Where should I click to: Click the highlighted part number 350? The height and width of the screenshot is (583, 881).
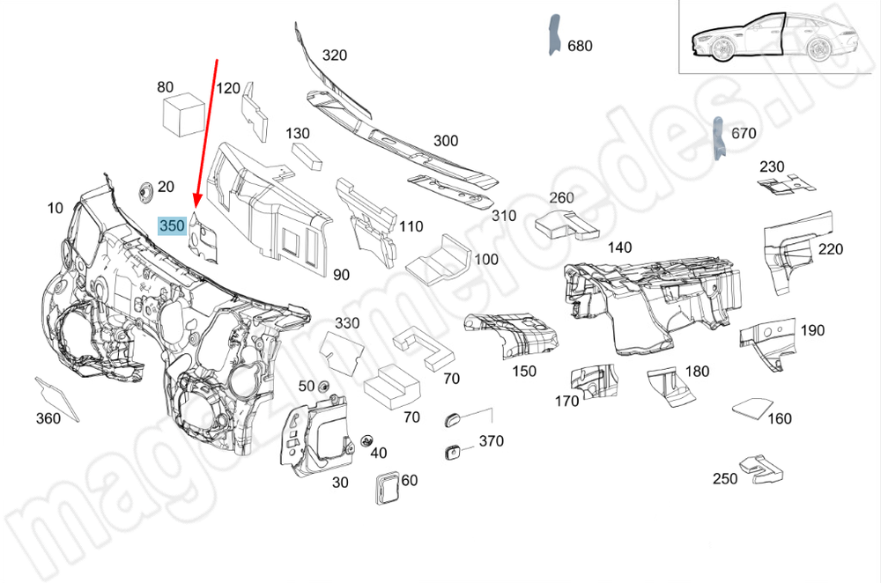(x=171, y=225)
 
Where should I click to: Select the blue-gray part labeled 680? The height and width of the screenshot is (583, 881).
(x=553, y=36)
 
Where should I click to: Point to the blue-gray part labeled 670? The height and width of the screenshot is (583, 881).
(x=719, y=137)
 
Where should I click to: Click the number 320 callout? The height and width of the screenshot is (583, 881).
(x=334, y=55)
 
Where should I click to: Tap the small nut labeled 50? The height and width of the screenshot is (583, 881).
(x=323, y=386)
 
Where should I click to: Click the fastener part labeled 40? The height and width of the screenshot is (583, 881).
(x=367, y=439)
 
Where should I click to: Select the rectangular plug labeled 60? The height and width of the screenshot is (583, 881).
(x=386, y=486)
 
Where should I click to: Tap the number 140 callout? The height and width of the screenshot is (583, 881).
(x=619, y=248)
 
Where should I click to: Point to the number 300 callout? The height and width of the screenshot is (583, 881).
(x=446, y=141)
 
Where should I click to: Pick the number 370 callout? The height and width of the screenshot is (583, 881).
(x=491, y=440)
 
